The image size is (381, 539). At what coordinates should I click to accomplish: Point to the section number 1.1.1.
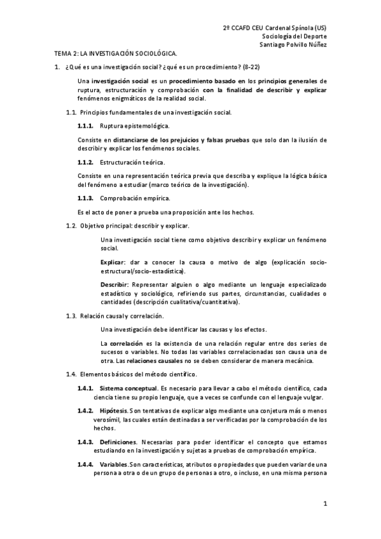(x=85, y=126)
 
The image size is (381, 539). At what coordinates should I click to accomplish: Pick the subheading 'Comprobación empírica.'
(x=126, y=199)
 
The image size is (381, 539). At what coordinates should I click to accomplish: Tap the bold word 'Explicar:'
(x=113, y=262)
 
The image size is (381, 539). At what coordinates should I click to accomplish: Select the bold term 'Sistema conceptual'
(x=128, y=388)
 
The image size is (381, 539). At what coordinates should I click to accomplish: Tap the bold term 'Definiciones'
(x=118, y=441)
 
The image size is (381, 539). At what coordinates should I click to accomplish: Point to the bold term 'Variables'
(x=114, y=465)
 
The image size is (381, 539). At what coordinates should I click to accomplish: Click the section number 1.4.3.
(x=85, y=441)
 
